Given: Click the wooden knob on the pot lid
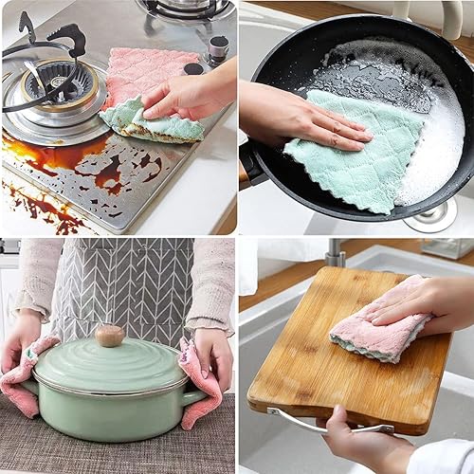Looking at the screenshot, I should pos(109,335).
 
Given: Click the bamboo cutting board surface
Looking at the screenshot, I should pos(303,370).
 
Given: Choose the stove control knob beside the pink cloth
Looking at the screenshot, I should pos(219,46).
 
